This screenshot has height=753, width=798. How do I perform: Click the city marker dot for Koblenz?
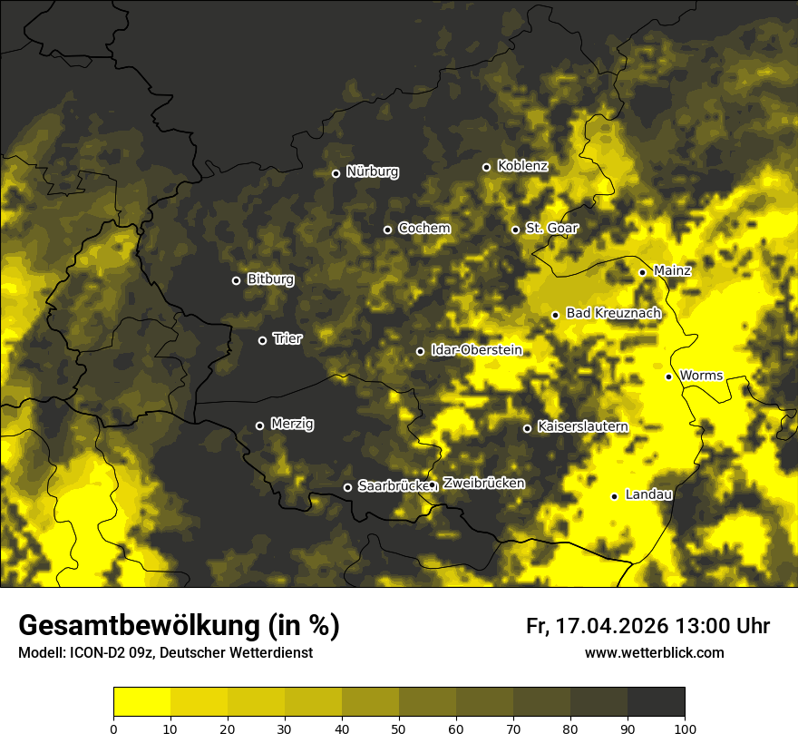(x=486, y=167)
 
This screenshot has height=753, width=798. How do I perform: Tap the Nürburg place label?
(x=372, y=171)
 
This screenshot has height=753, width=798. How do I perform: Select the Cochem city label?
(x=423, y=228)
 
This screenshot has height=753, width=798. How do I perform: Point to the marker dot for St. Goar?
(x=515, y=230)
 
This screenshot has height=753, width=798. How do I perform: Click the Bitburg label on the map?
(x=270, y=279)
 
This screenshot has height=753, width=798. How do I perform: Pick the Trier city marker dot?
(x=263, y=340)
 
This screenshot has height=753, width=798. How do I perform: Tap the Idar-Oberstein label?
(x=476, y=349)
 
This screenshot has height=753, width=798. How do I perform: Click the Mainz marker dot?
(x=642, y=272)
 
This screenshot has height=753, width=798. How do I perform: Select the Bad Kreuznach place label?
(x=613, y=313)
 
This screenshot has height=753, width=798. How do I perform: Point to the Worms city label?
(x=700, y=375)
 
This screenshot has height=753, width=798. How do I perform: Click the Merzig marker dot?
(x=259, y=425)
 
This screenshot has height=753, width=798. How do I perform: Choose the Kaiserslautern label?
(x=582, y=426)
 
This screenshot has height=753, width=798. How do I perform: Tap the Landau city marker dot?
(x=614, y=496)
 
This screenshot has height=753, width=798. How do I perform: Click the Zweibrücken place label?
(x=483, y=484)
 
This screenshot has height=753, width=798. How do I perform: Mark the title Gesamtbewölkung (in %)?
(x=179, y=626)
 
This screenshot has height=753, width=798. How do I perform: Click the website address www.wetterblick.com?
(x=654, y=652)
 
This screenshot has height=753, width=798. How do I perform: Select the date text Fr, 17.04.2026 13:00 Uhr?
(x=647, y=626)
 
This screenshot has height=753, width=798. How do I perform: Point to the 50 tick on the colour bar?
(x=399, y=728)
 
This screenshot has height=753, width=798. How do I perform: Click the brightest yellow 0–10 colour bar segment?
(x=141, y=702)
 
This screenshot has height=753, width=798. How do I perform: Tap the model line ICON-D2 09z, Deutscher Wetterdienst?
(x=165, y=653)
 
